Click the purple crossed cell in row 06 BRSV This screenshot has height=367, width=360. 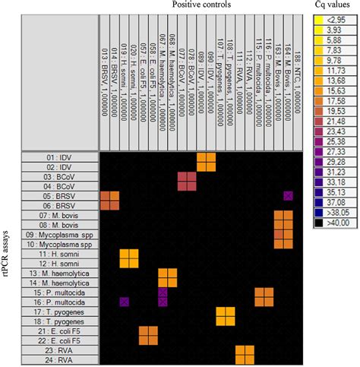288,196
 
